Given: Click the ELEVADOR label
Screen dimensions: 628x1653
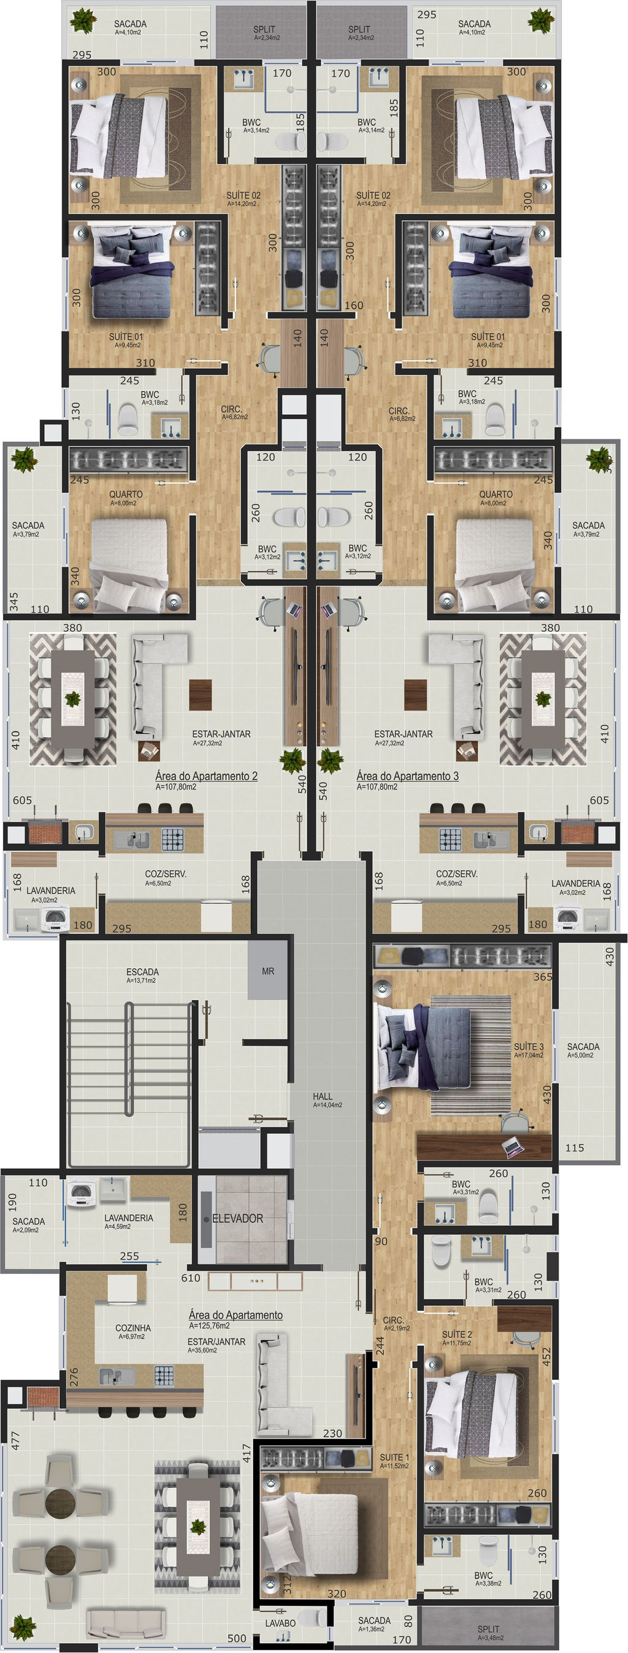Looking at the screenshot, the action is (x=237, y=1218).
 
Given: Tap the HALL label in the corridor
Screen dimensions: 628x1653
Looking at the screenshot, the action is (x=323, y=1096).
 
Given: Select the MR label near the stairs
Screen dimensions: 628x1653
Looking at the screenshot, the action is (x=268, y=971).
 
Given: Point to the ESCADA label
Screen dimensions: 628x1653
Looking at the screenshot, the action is (x=142, y=971).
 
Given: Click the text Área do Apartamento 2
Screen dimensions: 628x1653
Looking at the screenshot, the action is (x=207, y=776).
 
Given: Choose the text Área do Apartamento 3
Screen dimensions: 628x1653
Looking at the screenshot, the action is (x=407, y=776).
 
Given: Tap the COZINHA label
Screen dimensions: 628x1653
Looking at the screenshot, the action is (x=134, y=1328).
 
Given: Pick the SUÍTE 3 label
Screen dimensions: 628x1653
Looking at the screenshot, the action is (x=529, y=1046).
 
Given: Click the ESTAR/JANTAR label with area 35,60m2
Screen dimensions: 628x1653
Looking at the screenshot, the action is (x=217, y=1341).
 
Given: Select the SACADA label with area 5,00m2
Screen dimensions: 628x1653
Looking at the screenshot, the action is (x=583, y=1046).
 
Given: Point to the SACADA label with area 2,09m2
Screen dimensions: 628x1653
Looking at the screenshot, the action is (x=29, y=1221).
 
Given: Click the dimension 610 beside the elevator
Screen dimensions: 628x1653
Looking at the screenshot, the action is (x=191, y=1277).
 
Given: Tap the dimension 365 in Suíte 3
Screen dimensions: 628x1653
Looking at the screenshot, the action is (x=543, y=977).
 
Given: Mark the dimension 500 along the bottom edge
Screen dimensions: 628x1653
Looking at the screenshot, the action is (x=237, y=1638).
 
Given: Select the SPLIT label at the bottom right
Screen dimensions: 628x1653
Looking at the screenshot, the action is (x=489, y=1628).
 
